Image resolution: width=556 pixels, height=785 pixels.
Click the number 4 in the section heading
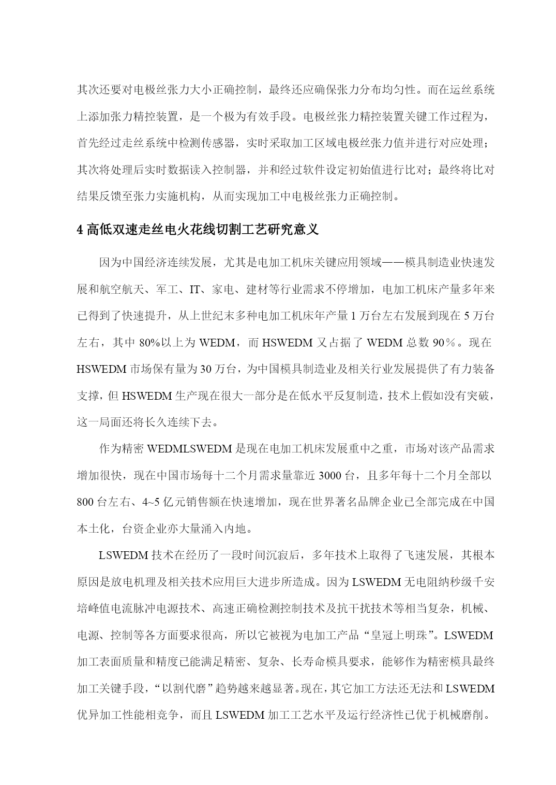(80, 230)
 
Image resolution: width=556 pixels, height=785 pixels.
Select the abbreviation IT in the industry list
(194, 290)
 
